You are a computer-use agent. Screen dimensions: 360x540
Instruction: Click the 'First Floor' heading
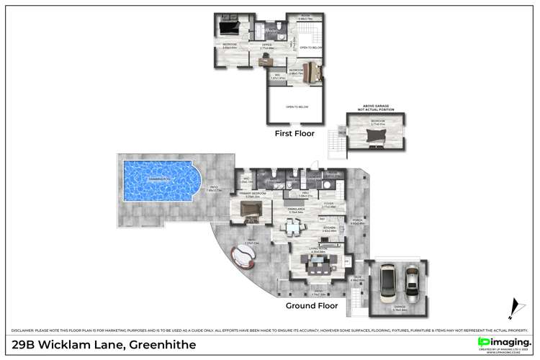[x=295, y=133]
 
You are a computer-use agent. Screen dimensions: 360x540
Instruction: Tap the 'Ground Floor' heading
[x=311, y=305]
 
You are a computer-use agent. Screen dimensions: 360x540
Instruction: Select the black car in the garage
[x=387, y=284]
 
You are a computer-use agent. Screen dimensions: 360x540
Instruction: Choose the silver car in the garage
[x=411, y=284]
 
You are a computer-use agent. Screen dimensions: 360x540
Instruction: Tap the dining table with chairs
[x=292, y=228]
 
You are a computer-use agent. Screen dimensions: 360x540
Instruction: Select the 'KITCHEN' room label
[x=329, y=228]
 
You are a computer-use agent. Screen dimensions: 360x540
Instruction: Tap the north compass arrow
[x=513, y=308]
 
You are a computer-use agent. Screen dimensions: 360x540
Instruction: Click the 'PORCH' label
[x=356, y=221]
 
